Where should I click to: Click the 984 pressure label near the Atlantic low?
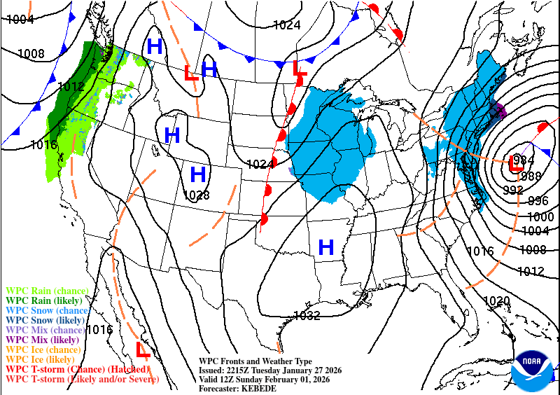[519, 160]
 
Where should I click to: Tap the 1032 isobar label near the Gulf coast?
[307, 315]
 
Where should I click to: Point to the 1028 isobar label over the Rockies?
[197, 195]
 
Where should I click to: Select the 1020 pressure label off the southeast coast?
[497, 300]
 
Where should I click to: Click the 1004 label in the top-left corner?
[20, 20]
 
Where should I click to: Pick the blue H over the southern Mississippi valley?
[325, 247]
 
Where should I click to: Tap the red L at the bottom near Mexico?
[143, 349]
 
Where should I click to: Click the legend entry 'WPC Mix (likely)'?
[43, 340]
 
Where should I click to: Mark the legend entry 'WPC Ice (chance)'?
[43, 349]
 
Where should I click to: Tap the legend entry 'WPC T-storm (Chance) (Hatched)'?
[77, 369]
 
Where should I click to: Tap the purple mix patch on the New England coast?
[498, 110]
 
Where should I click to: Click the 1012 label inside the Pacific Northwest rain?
[71, 87]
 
